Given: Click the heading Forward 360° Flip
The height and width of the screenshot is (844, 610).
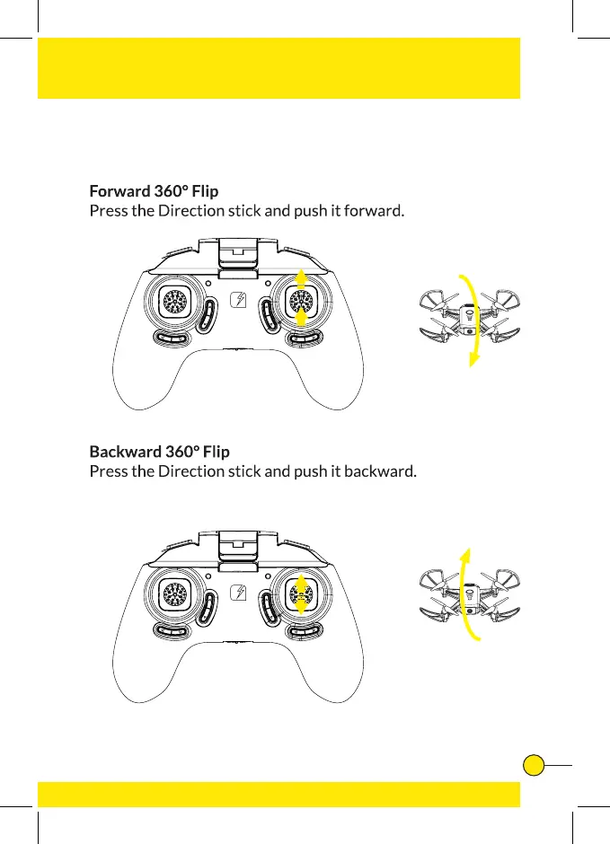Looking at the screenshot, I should point(154,191).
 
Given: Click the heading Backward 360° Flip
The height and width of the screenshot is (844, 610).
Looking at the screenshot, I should point(159,451).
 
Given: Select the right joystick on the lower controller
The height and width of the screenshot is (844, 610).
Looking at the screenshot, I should point(302,592).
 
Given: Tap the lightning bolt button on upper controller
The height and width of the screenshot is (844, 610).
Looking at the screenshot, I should point(239,303).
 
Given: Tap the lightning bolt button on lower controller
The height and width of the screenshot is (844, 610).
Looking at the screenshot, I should point(239,593).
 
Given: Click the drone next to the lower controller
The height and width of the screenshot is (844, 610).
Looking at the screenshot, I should point(470,599).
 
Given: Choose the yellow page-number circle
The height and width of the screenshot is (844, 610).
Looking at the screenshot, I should point(534,765).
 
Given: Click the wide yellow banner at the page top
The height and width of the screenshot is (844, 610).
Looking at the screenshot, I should point(278,68).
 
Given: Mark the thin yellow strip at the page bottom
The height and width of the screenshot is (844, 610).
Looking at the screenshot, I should point(278,795).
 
